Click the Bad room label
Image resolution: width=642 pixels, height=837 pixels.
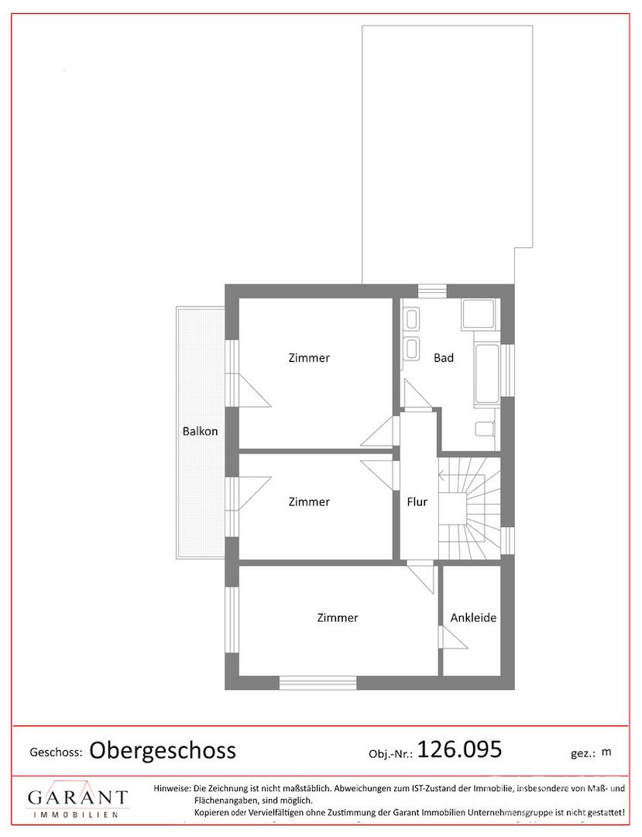click(443, 357)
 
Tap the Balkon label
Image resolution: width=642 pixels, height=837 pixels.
click(200, 432)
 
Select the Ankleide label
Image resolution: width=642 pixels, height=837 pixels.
click(473, 618)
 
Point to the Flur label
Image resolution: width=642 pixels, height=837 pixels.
click(417, 501)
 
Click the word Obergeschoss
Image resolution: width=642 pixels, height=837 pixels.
click(162, 750)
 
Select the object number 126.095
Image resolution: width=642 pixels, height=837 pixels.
click(459, 749)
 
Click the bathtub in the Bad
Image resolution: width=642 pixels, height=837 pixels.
click(486, 374)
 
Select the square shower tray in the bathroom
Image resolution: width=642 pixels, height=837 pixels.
click(479, 314)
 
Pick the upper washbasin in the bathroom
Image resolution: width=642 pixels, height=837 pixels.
click(412, 320)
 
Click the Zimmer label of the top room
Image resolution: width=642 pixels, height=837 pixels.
click(309, 357)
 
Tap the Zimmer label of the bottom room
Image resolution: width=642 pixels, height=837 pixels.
click(338, 618)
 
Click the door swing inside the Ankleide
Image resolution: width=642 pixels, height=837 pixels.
click(452, 637)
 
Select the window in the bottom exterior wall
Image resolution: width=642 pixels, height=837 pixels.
click(318, 683)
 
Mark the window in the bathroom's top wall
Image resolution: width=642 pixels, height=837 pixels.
click(432, 291)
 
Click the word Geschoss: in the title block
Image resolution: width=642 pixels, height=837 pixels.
click(56, 753)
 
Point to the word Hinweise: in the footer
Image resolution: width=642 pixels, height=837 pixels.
click(172, 788)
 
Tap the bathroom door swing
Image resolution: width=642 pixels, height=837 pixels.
click(417, 394)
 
